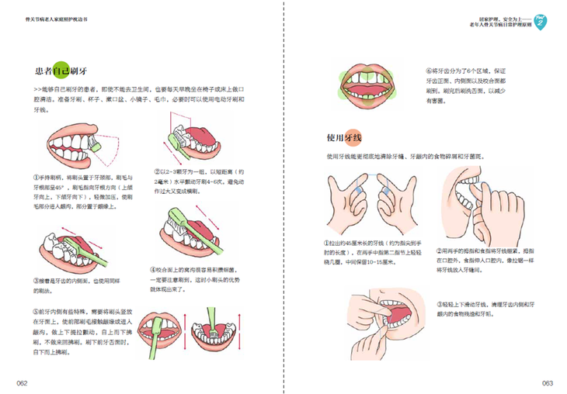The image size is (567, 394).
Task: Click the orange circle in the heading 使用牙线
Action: [353, 138]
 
